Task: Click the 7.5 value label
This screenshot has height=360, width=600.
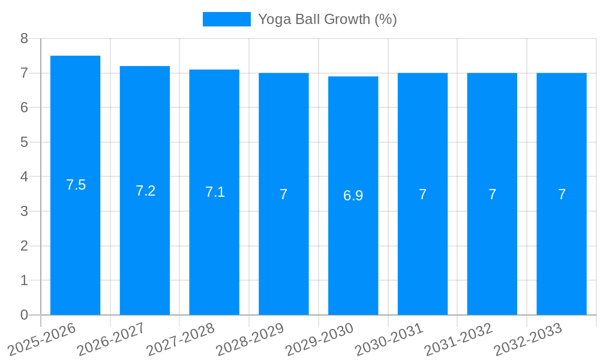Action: tap(76, 185)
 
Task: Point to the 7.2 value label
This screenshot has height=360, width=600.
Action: tap(145, 191)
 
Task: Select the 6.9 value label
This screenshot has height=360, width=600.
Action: tap(353, 196)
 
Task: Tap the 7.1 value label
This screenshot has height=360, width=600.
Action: tap(215, 192)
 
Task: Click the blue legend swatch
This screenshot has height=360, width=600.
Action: tap(226, 19)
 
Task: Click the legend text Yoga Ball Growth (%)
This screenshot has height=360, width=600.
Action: tap(327, 19)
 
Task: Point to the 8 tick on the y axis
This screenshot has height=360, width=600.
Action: tap(24, 38)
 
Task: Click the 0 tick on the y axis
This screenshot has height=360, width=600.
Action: tap(24, 315)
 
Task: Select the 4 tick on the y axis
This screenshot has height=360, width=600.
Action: tap(24, 177)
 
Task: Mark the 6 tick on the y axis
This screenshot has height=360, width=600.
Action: tap(24, 107)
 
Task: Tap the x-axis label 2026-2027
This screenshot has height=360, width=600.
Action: tap(111, 338)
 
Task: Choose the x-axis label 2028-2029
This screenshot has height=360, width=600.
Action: tap(250, 338)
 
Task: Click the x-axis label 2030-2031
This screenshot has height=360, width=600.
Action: tap(389, 338)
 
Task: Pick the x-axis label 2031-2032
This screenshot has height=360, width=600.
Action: tap(459, 338)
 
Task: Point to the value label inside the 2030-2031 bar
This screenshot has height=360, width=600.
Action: tap(422, 194)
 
